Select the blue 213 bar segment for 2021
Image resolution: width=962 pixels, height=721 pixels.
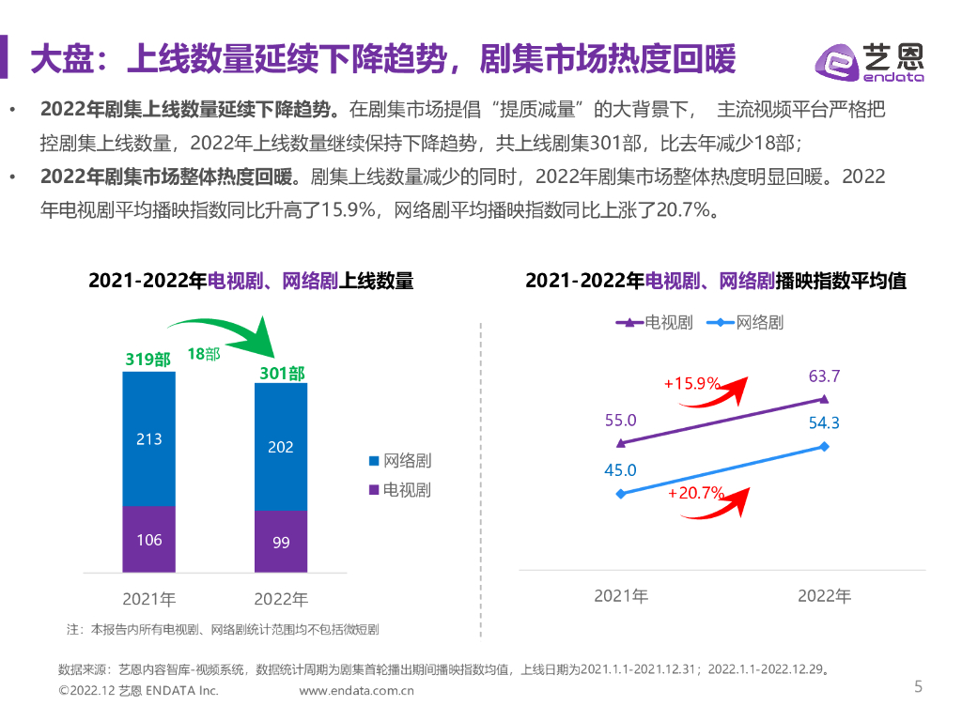148,438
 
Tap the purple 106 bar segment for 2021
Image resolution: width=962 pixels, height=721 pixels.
148,539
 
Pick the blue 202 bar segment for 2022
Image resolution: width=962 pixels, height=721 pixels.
280,447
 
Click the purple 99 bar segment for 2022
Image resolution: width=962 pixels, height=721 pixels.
280,542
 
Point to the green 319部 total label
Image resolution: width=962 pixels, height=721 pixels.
148,360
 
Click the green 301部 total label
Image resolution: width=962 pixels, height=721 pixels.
281,374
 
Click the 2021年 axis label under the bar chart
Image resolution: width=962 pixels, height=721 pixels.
148,598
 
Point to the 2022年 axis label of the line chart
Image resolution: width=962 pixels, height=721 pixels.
824,596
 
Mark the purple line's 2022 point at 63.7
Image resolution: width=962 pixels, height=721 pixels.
824,399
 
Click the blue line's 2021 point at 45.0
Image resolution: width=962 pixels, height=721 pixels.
620,493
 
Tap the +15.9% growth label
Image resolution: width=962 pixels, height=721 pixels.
691,383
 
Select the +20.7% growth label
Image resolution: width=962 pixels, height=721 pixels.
695,493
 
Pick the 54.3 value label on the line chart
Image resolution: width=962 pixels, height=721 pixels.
824,422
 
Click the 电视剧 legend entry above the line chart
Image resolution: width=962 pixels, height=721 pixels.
655,323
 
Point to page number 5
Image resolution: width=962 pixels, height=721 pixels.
918,686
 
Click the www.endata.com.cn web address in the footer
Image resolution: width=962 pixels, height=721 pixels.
357,691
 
